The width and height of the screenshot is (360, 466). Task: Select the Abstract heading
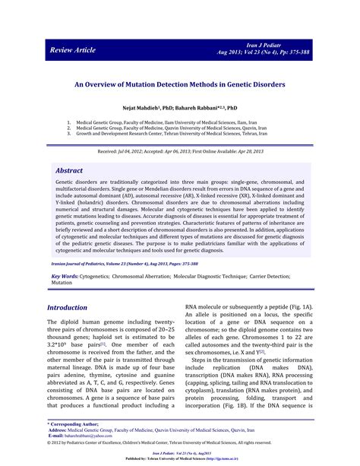[x=74, y=172]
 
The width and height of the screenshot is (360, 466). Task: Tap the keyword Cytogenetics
[x=105, y=255]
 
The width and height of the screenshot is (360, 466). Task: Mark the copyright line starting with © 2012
[x=179, y=442]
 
